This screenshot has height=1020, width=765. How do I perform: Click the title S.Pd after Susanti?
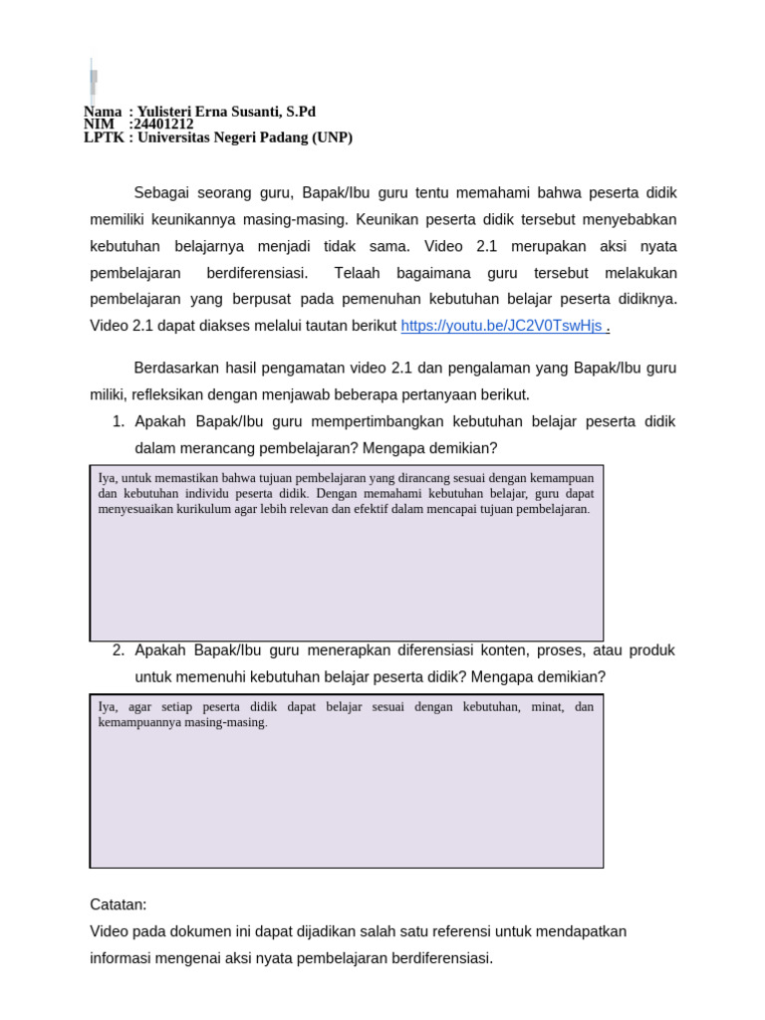301,112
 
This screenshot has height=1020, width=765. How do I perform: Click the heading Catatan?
118,904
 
